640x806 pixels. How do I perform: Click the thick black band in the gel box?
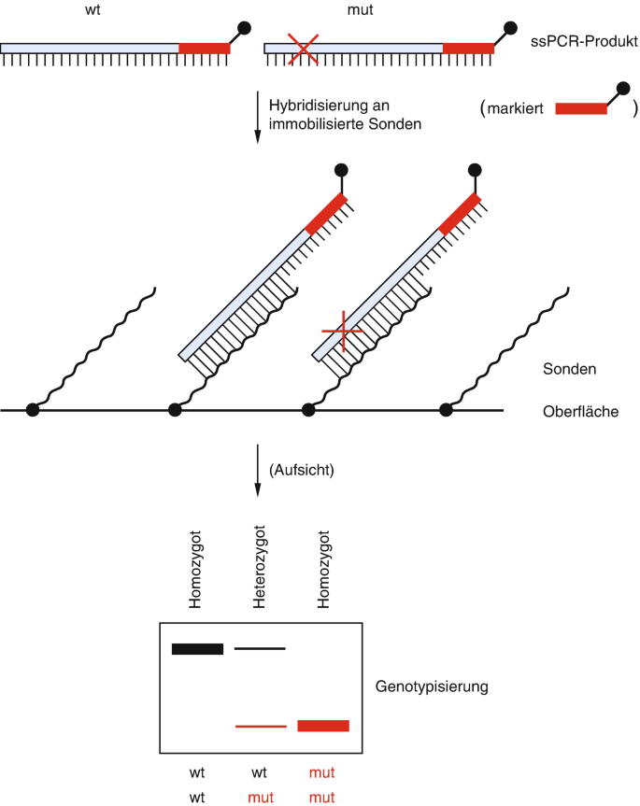click(x=197, y=649)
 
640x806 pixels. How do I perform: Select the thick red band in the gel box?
click(x=323, y=726)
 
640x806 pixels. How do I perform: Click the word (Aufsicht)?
click(x=300, y=473)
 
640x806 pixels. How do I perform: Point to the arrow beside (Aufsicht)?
click(x=257, y=472)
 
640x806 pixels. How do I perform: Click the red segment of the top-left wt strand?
click(x=204, y=48)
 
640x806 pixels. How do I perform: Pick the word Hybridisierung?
click(x=316, y=104)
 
